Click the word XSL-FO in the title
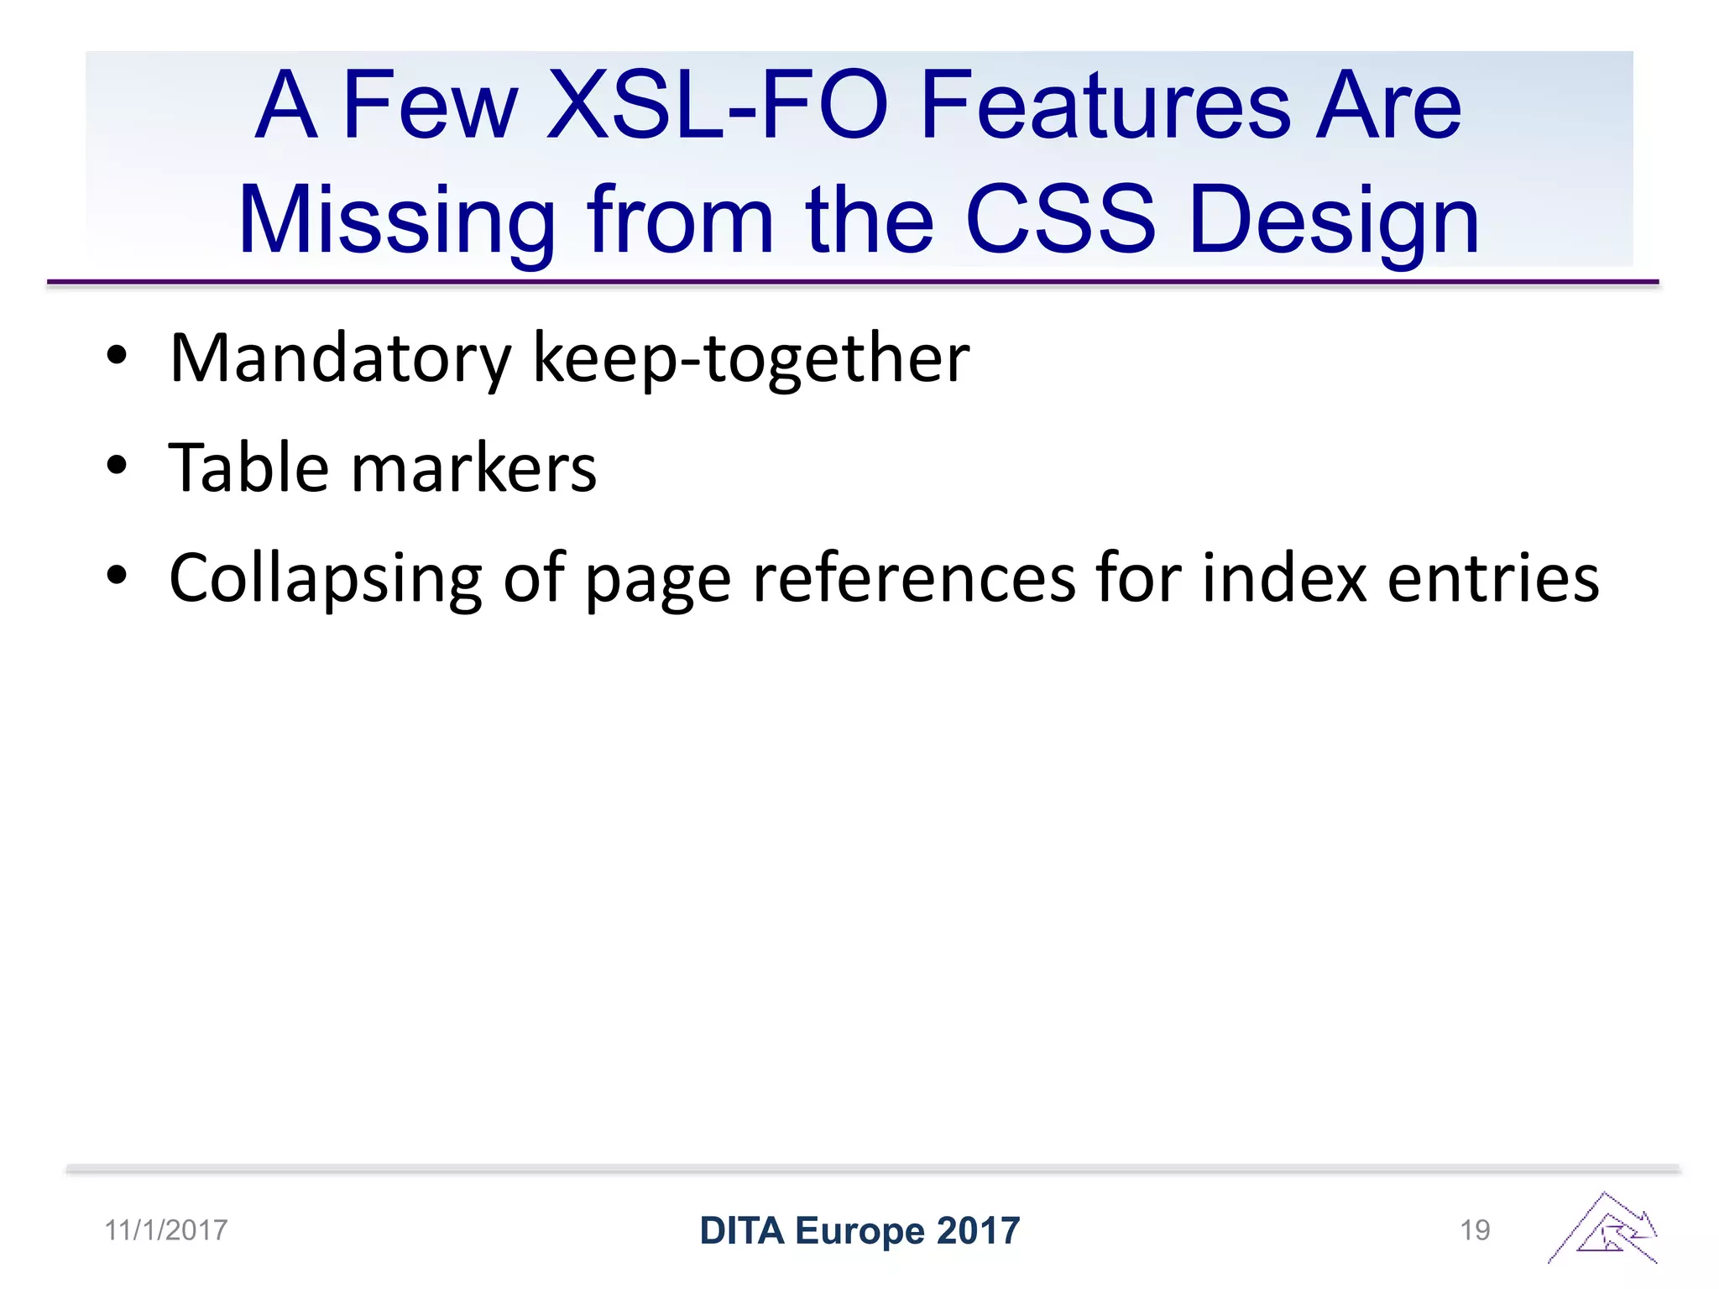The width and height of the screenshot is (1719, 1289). pos(717,107)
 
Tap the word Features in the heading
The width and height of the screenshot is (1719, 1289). pos(1105,107)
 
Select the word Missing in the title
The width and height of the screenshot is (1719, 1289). pos(397,221)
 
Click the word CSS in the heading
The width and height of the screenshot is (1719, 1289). pos(1061,221)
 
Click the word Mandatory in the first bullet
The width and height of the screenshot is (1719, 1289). pos(340,358)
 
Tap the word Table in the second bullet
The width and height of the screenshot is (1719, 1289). pos(248,467)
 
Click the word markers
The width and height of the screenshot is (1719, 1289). pos(473,467)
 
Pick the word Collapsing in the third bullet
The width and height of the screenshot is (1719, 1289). pos(326,579)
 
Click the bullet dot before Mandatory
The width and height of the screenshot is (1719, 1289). pos(117,356)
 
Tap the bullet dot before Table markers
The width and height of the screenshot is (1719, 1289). pos(117,465)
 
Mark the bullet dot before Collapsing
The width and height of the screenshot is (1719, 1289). pos(117,576)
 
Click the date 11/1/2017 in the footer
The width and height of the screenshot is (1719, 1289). pos(166,1230)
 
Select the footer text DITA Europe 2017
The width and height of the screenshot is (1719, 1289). pos(859,1231)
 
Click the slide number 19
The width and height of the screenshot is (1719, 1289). pos(1475,1230)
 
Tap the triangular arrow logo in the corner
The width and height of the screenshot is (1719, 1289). pos(1604,1229)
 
